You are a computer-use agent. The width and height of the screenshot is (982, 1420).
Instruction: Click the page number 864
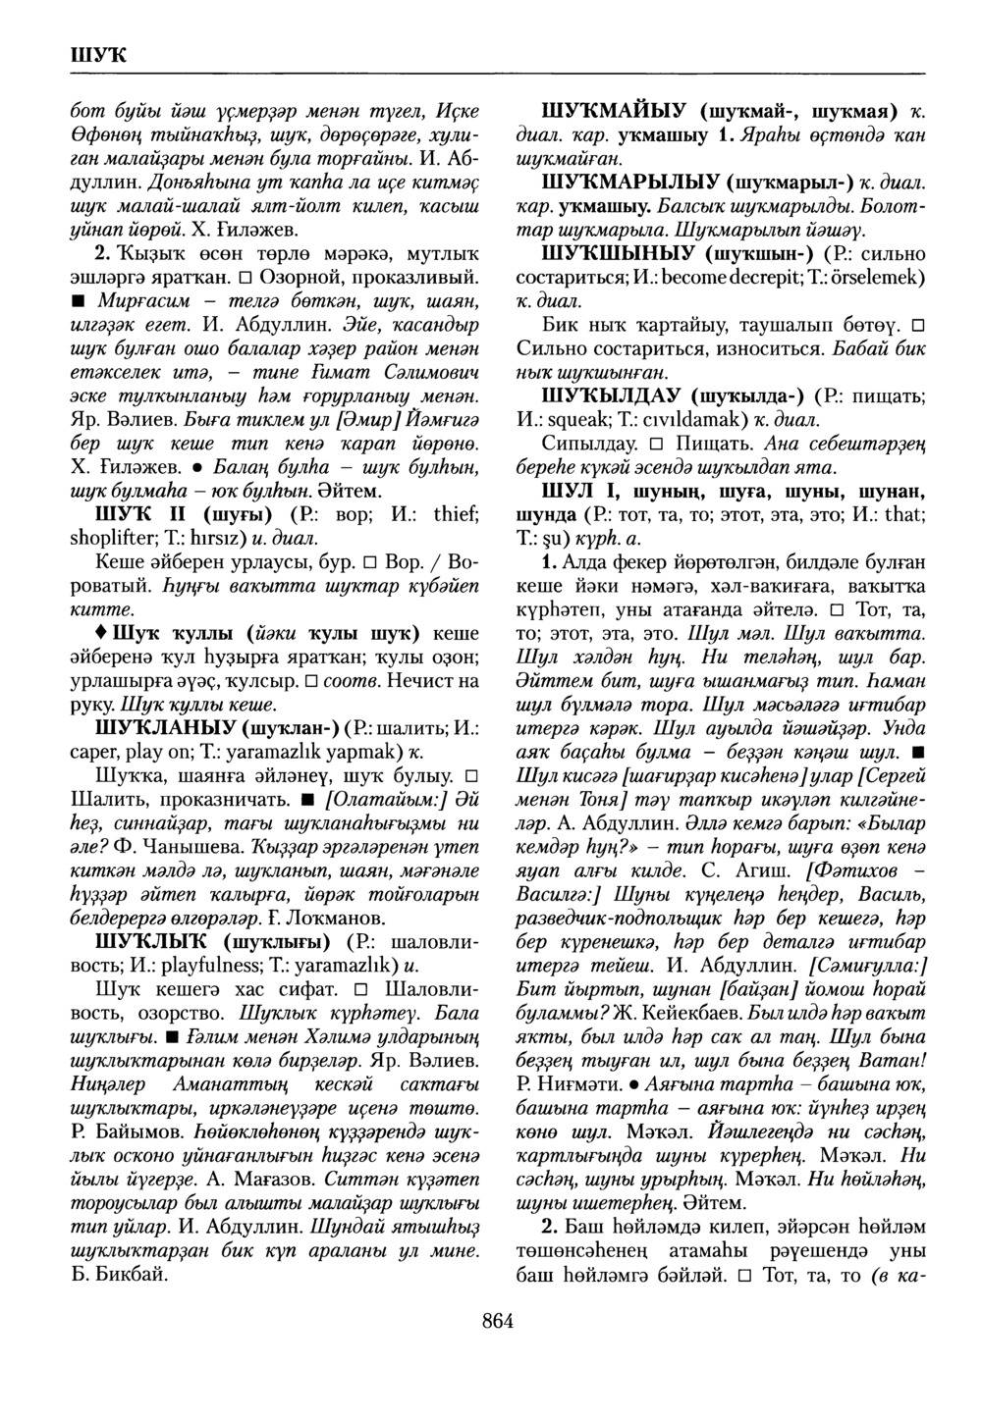click(498, 1321)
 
